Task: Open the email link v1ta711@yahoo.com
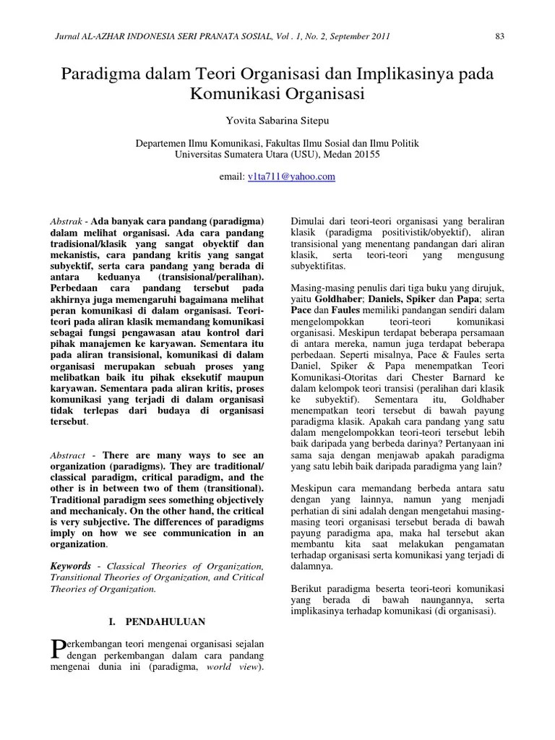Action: click(x=291, y=176)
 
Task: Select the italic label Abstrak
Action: click(x=64, y=220)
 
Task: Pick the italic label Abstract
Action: click(x=67, y=455)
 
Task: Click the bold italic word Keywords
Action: click(x=70, y=566)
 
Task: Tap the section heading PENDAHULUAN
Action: click(x=165, y=621)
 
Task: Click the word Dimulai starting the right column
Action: click(x=309, y=220)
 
